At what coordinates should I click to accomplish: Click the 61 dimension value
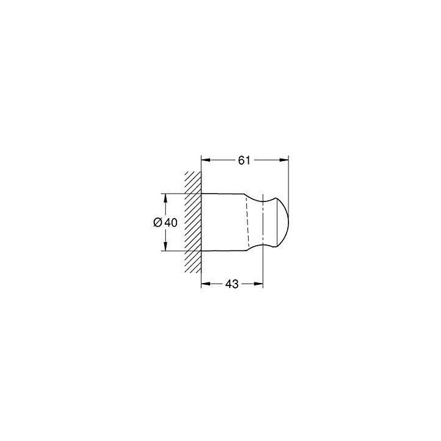coord(244,160)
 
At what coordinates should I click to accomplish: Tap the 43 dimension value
coord(232,284)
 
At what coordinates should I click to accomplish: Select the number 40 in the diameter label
coord(171,223)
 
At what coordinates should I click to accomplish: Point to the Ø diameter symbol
coord(157,223)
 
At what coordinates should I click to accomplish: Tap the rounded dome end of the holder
coord(281,223)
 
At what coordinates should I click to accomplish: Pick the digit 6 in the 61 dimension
coord(241,160)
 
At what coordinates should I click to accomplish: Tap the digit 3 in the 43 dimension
coord(235,284)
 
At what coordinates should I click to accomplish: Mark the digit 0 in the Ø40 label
coord(174,223)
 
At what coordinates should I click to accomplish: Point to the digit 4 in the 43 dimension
coord(228,284)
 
